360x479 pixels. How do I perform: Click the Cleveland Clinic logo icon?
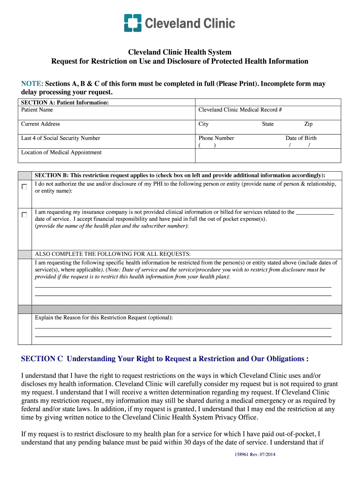pyautogui.click(x=132, y=23)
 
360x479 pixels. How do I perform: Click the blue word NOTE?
pyautogui.click(x=32, y=84)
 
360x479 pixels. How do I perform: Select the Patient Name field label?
pyautogui.click(x=37, y=110)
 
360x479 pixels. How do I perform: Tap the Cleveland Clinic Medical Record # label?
pyautogui.click(x=240, y=110)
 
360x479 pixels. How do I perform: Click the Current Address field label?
pyautogui.click(x=40, y=124)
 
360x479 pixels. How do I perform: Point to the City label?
pyautogui.click(x=203, y=124)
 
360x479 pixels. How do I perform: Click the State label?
pyautogui.click(x=267, y=124)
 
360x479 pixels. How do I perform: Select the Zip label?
pyautogui.click(x=308, y=124)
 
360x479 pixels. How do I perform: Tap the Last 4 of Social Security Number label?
pyautogui.click(x=60, y=138)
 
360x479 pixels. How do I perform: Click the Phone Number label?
pyautogui.click(x=216, y=138)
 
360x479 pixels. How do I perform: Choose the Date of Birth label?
pyautogui.click(x=301, y=138)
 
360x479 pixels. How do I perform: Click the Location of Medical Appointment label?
pyautogui.click(x=61, y=152)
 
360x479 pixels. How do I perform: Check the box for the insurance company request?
pyautogui.click(x=24, y=215)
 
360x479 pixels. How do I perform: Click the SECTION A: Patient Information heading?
pyautogui.click(x=65, y=102)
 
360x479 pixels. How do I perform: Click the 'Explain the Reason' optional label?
pyautogui.click(x=104, y=318)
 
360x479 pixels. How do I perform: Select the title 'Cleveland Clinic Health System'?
pyautogui.click(x=180, y=52)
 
